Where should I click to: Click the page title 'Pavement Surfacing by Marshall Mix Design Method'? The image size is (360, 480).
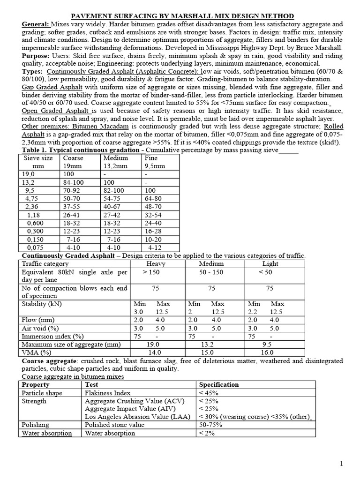tap(183, 16)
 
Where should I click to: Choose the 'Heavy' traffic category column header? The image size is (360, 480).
tap(156, 264)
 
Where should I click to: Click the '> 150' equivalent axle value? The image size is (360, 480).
tap(150, 272)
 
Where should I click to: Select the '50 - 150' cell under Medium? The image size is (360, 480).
tap(211, 272)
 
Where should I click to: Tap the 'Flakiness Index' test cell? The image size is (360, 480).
tap(107, 393)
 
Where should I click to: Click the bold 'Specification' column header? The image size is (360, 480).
tap(218, 384)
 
